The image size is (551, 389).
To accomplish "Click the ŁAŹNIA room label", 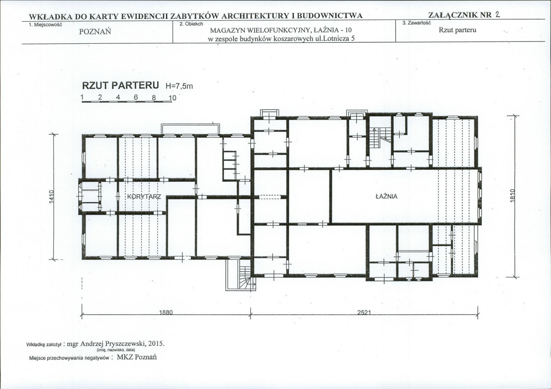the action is click(386, 197).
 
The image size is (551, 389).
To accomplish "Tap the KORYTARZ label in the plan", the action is click(144, 197).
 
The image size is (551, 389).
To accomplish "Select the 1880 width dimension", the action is click(166, 312).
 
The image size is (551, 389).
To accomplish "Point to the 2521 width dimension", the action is click(364, 312).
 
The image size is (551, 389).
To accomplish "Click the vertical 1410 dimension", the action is click(52, 197).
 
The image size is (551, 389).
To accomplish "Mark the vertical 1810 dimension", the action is click(512, 196).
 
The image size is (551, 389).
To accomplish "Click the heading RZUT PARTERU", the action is click(121, 86).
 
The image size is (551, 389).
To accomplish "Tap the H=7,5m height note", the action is click(179, 86).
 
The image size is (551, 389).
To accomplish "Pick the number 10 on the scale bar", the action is click(172, 98).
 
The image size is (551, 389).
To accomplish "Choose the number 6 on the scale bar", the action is click(136, 98).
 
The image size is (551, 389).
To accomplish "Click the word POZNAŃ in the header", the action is click(95, 32).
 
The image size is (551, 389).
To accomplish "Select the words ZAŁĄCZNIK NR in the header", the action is click(460, 15).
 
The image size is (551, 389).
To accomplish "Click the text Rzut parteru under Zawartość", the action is click(458, 30).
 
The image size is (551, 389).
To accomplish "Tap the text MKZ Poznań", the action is click(137, 357).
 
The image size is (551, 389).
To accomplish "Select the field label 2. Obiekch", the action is click(191, 24).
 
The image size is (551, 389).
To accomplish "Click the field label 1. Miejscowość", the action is click(46, 24).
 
